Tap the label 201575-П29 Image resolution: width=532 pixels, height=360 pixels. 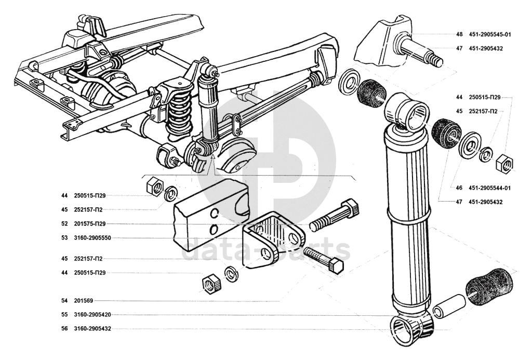89,223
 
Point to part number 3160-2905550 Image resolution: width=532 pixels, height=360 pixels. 92,238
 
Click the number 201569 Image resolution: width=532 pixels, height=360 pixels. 83,301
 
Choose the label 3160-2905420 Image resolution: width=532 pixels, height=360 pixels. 92,314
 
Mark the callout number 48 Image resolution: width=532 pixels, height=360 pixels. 459,34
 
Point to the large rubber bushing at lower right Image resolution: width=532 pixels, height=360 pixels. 488,286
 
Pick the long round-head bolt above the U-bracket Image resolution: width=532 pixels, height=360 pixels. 334,216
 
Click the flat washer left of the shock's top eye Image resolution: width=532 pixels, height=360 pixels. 351,82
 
